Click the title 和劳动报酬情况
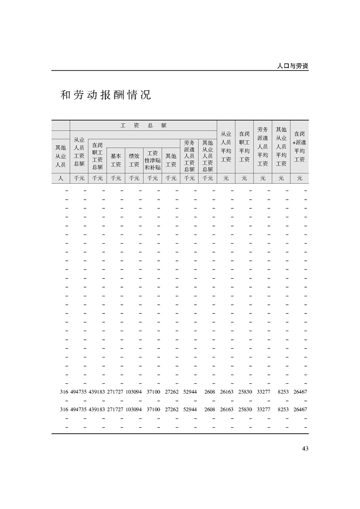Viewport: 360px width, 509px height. [x=105, y=95]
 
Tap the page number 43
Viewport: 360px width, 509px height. [x=305, y=449]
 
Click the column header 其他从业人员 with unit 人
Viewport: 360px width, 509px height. [x=60, y=156]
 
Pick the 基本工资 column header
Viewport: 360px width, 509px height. [x=116, y=160]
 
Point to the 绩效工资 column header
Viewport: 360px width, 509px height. [x=134, y=160]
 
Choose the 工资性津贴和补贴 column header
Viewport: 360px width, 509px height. [x=153, y=160]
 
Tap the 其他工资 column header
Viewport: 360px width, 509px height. [x=171, y=160]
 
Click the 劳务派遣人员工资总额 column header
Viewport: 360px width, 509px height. [x=189, y=156]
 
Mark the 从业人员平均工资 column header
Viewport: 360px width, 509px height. [x=226, y=147]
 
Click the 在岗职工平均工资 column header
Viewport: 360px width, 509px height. [x=244, y=147]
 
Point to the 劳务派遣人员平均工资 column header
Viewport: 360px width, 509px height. [x=263, y=147]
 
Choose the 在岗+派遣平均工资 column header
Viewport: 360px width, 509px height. [x=299, y=147]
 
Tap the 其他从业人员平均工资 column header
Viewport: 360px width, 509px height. [x=281, y=147]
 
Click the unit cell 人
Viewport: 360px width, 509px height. [x=60, y=178]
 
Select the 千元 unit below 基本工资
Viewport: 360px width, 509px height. [x=116, y=178]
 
